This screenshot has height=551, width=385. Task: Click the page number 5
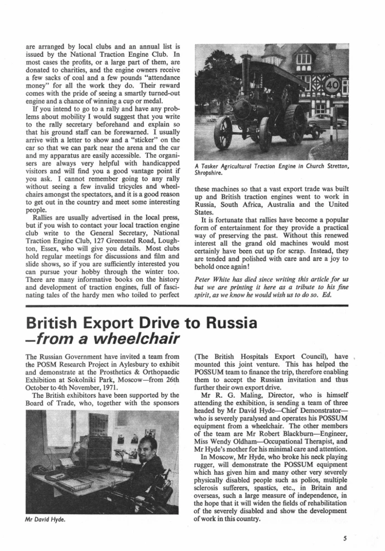pyautogui.click(x=345, y=539)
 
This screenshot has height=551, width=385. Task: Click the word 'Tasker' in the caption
pyautogui.click(x=211, y=165)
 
